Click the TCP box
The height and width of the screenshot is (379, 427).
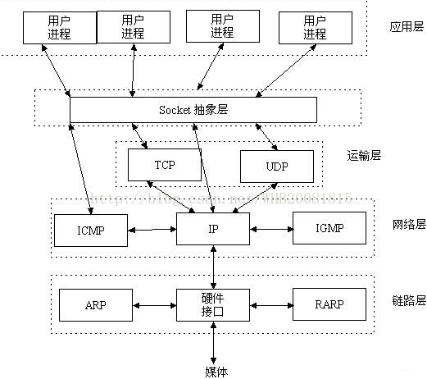[x=164, y=165]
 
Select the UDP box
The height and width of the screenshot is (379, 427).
[x=276, y=167]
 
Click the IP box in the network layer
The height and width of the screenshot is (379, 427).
[x=213, y=228]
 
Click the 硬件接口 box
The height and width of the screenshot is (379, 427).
[x=213, y=304]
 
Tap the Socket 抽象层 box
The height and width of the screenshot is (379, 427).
[x=193, y=109]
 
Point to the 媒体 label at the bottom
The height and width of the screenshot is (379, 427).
[x=216, y=371]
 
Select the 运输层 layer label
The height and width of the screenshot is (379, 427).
[x=365, y=154]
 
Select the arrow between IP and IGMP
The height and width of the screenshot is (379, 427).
[x=270, y=229]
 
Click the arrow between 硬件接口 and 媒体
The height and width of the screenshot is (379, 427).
[x=214, y=343]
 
